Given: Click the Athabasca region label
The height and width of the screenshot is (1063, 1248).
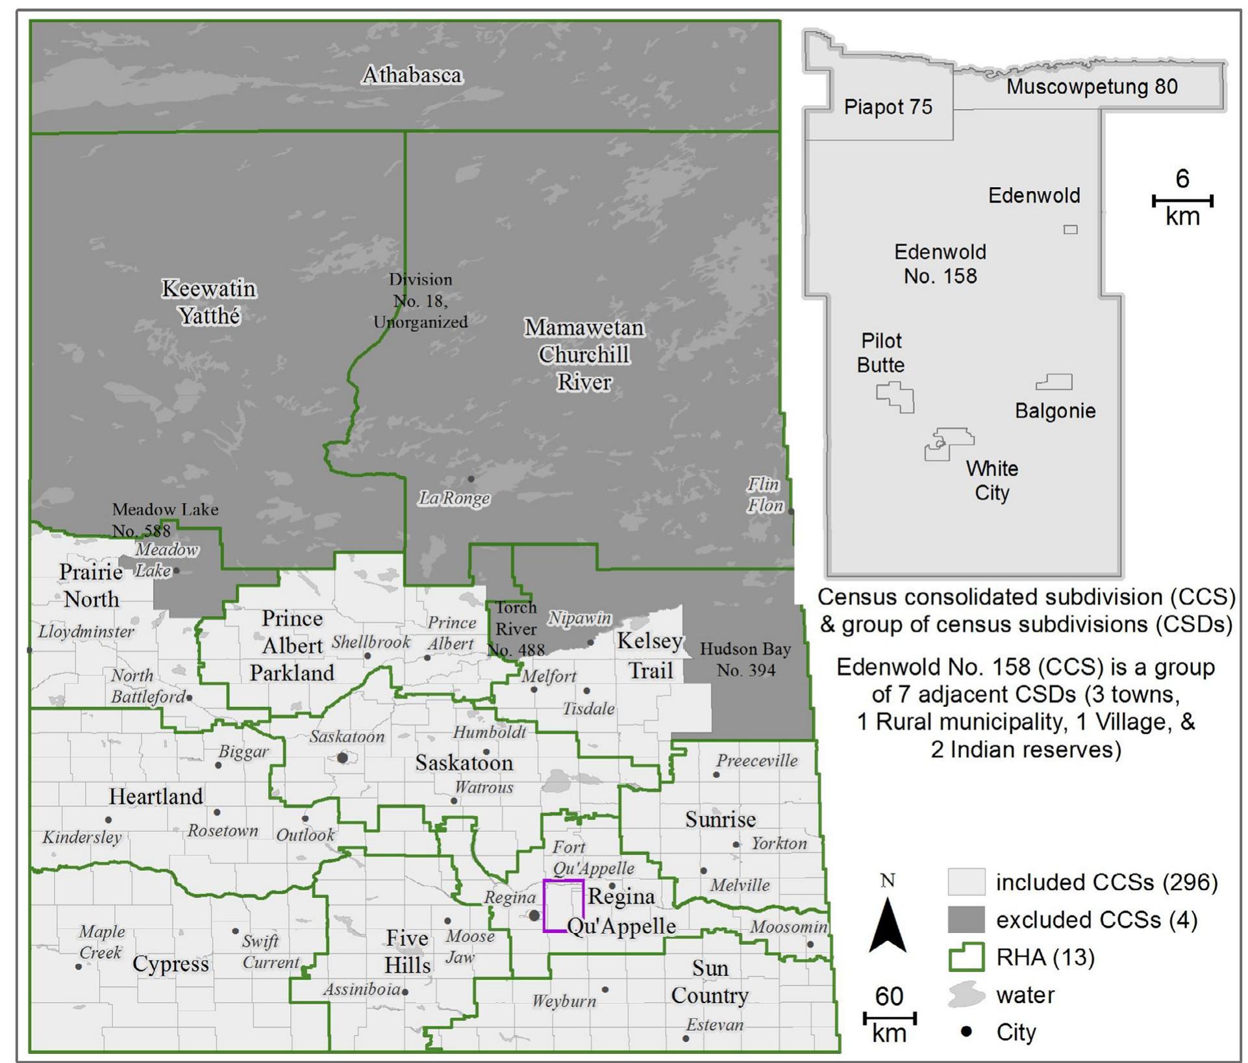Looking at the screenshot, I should (x=412, y=75).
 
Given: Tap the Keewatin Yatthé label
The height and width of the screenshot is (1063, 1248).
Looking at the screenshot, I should (x=209, y=302).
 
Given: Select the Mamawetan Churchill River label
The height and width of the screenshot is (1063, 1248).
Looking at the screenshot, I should (x=584, y=355).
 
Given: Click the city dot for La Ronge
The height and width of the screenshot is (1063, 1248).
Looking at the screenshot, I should (x=471, y=479).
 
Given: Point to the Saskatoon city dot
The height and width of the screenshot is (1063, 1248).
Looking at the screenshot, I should (x=343, y=758).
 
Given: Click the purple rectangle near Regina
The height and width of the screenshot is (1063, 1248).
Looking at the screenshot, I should (x=564, y=906).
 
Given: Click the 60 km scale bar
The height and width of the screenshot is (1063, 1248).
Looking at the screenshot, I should (x=889, y=1018).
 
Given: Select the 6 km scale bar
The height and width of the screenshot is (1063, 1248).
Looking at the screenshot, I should (x=1182, y=201).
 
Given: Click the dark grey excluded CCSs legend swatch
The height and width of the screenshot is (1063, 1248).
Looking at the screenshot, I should (x=966, y=920).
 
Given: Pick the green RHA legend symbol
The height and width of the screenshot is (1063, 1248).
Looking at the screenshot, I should (x=966, y=958).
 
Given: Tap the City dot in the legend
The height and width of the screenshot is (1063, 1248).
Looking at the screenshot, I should (x=966, y=1032).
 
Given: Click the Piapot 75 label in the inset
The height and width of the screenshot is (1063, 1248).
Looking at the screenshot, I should (x=888, y=107).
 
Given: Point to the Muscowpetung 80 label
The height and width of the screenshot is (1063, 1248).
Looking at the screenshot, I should (x=1092, y=87).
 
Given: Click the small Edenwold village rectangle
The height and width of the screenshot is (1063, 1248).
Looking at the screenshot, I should (x=1071, y=229).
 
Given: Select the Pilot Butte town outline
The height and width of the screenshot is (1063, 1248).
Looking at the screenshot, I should (x=897, y=396).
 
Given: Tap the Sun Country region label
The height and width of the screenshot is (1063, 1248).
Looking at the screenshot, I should (x=710, y=982).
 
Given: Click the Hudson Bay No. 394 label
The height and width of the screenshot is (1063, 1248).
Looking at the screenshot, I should (x=745, y=660).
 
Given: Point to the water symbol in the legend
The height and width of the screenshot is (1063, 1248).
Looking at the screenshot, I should (x=966, y=995).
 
